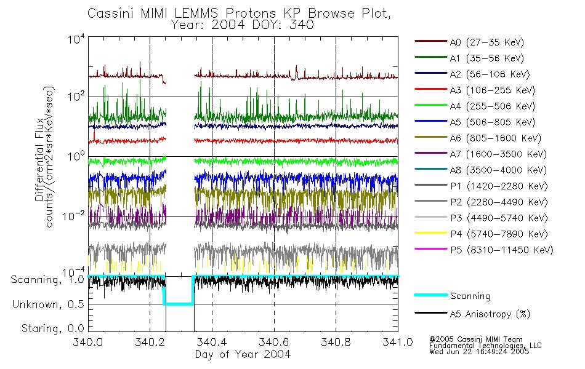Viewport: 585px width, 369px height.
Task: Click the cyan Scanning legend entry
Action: [470, 296]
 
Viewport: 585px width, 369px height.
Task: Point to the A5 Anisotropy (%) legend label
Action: [490, 314]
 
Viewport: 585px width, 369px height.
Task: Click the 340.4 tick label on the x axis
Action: [212, 343]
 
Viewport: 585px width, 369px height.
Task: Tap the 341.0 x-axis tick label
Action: [398, 343]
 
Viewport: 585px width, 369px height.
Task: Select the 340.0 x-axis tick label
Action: [88, 343]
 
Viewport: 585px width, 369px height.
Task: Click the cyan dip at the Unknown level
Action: [179, 303]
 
